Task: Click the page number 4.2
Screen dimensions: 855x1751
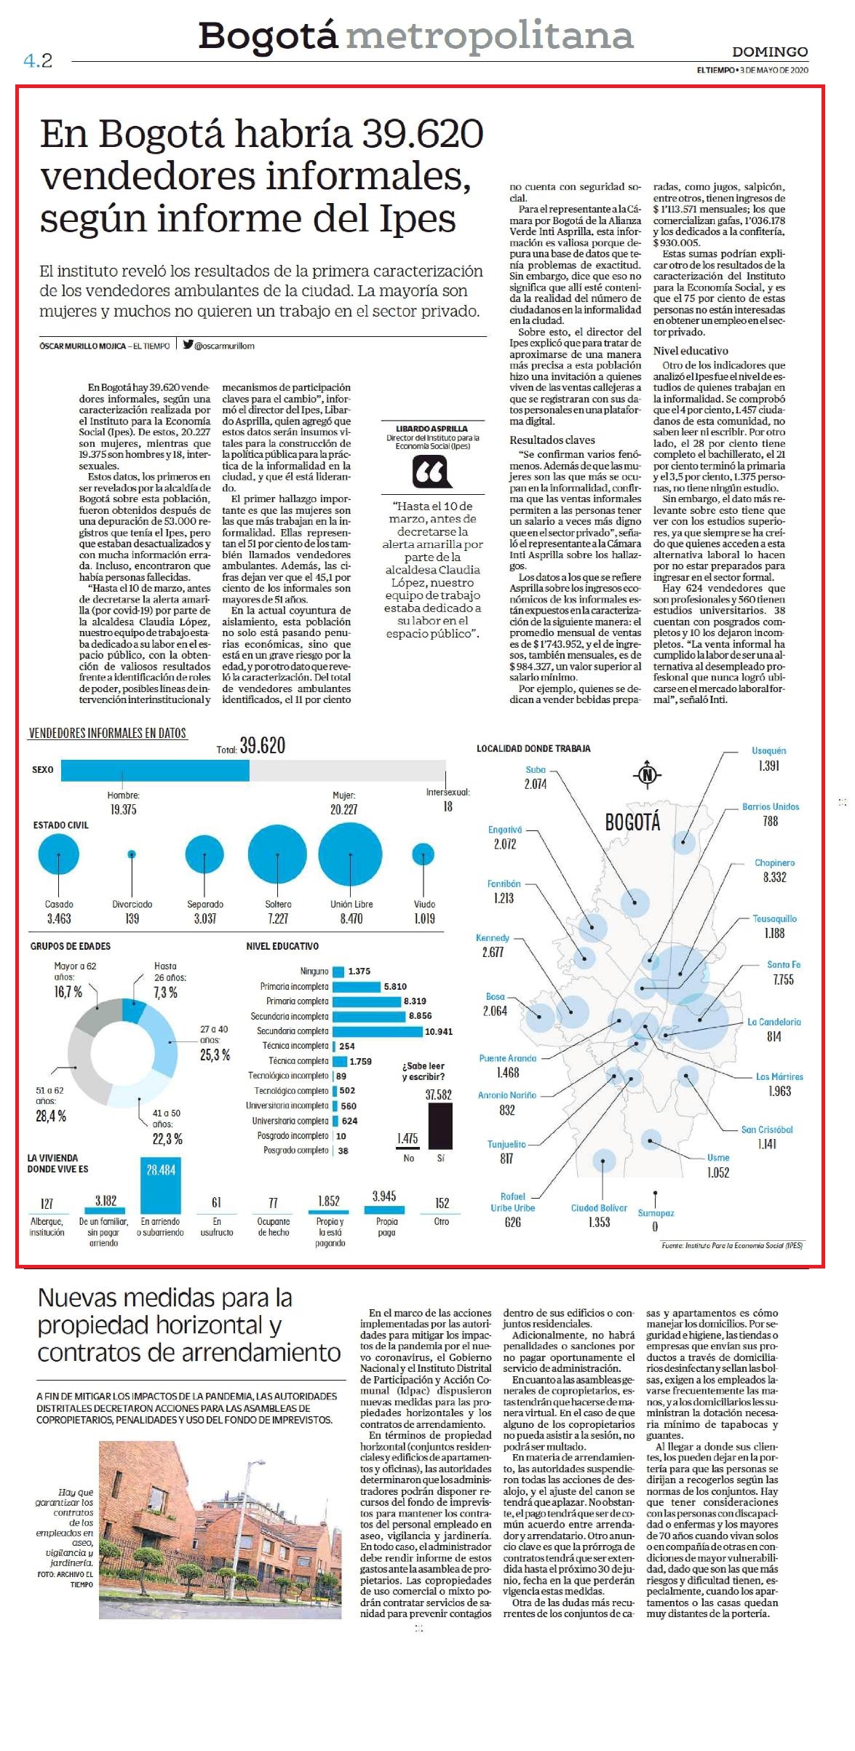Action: click(38, 60)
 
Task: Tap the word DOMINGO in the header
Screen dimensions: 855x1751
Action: click(770, 52)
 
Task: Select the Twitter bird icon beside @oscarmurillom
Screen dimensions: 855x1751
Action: click(188, 346)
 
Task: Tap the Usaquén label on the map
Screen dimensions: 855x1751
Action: click(768, 750)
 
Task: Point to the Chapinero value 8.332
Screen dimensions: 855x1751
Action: click(774, 877)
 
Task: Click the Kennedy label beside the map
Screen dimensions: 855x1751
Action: click(493, 937)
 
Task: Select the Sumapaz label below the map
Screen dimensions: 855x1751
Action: click(656, 1212)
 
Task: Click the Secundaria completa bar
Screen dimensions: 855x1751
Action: click(377, 1031)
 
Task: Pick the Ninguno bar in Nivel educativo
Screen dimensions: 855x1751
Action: click(338, 972)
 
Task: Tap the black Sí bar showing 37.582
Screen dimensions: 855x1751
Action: click(440, 1126)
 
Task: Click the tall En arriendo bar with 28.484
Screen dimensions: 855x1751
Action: click(161, 1185)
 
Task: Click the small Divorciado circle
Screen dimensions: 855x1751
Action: click(132, 854)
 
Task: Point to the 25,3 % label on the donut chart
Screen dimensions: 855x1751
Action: click(215, 1055)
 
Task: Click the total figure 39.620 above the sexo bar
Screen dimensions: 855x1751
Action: click(263, 745)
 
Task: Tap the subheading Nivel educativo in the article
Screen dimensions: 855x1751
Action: click(691, 351)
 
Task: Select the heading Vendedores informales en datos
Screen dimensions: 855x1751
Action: click(108, 733)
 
